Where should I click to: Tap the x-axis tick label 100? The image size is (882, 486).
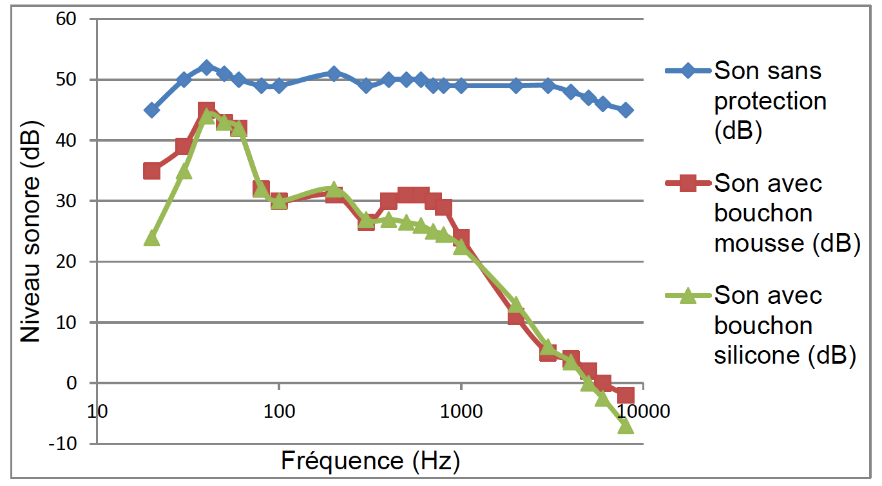pyautogui.click(x=278, y=411)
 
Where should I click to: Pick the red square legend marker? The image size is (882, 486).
pyautogui.click(x=687, y=183)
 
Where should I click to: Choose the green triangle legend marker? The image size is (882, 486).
pyautogui.click(x=687, y=295)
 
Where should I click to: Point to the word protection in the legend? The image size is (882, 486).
pyautogui.click(x=769, y=101)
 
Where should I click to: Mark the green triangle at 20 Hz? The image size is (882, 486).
pyautogui.click(x=151, y=238)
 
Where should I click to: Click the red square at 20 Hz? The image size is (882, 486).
pyautogui.click(x=151, y=171)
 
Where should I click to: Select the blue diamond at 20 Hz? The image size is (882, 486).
pyautogui.click(x=151, y=110)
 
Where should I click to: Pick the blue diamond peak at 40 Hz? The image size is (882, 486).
pyautogui.click(x=206, y=68)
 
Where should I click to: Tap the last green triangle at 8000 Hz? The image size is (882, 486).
pyautogui.click(x=626, y=425)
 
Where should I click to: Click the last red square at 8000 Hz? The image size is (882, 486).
pyautogui.click(x=626, y=395)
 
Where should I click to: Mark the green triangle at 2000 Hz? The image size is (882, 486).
pyautogui.click(x=515, y=304)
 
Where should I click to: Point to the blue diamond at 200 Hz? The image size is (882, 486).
pyautogui.click(x=333, y=73)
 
